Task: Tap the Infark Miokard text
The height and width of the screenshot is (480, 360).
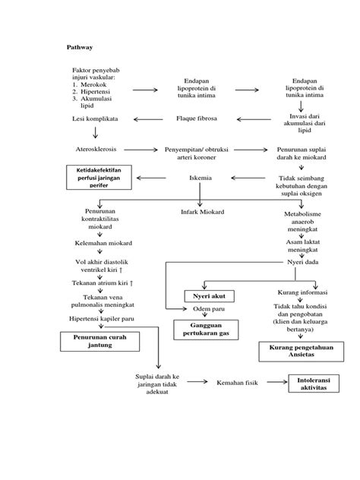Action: tap(201, 210)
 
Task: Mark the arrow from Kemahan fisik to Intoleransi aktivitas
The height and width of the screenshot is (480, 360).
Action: tap(273, 382)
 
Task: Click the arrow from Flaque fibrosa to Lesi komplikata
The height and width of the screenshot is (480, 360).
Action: tap(150, 118)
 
